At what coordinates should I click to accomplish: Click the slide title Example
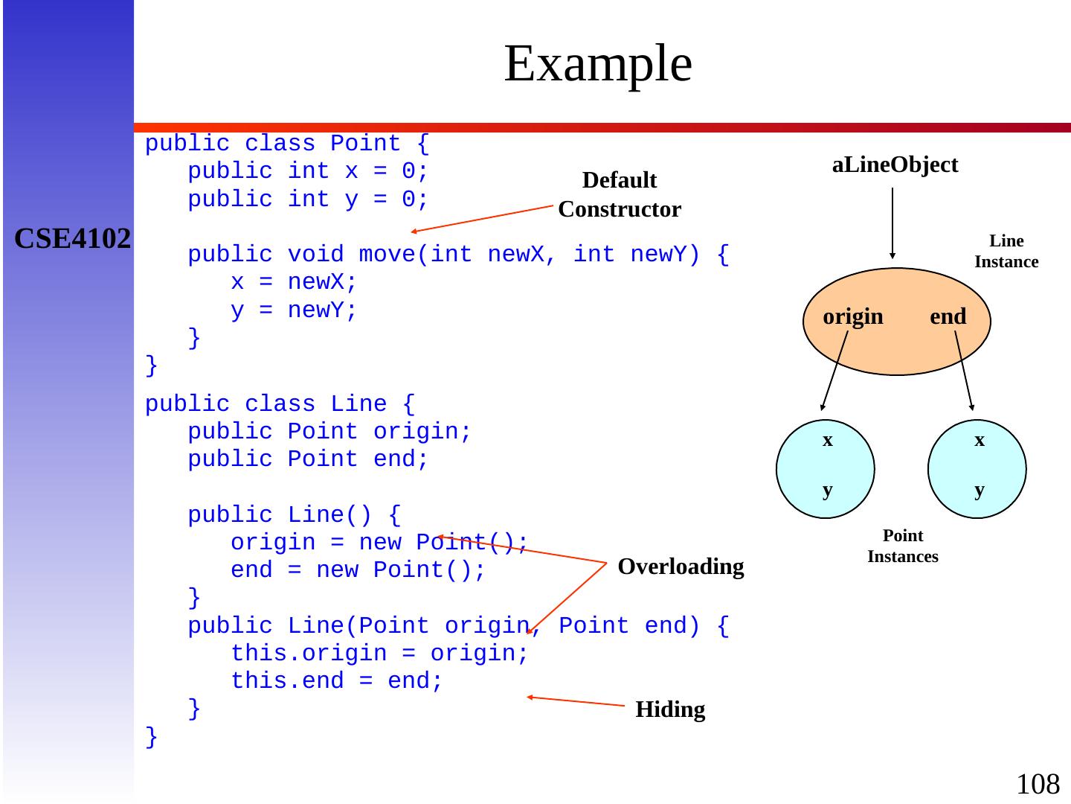(x=598, y=64)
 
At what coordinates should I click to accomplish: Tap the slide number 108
(x=1038, y=784)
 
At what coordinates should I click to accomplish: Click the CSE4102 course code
(x=73, y=238)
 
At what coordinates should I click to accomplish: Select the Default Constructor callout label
(x=620, y=195)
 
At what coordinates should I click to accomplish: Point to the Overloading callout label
(x=681, y=567)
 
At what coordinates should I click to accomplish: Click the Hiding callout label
(x=670, y=710)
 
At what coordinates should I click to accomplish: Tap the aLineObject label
(x=895, y=165)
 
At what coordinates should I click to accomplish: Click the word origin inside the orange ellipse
(x=853, y=317)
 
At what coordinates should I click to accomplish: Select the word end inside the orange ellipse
(x=948, y=317)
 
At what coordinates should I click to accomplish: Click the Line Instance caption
(x=1006, y=252)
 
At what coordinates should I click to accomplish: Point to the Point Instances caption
(x=903, y=546)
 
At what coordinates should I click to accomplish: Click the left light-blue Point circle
(x=826, y=469)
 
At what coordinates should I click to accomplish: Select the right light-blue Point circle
(x=977, y=469)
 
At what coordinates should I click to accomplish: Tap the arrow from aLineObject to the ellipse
(x=892, y=223)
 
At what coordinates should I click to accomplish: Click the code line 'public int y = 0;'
(x=308, y=200)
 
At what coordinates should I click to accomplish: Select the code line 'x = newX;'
(x=294, y=283)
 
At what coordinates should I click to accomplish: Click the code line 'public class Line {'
(x=280, y=404)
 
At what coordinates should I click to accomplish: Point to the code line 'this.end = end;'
(x=336, y=681)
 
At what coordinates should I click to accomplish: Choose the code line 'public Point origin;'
(x=329, y=432)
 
